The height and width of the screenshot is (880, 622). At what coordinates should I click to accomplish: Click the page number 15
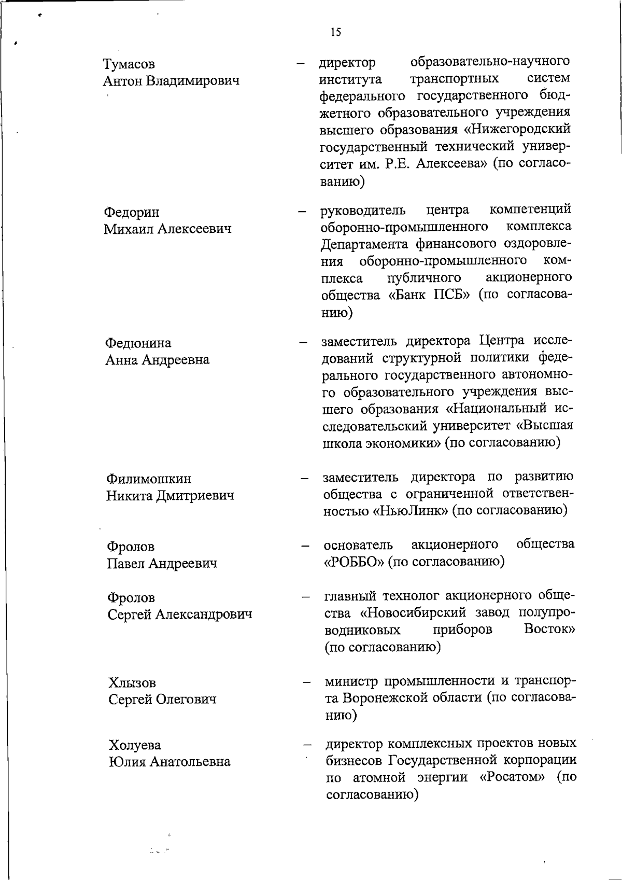pyautogui.click(x=335, y=33)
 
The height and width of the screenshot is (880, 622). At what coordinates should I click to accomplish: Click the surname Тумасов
pyautogui.click(x=129, y=64)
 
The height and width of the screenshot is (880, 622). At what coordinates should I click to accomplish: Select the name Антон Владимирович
pyautogui.click(x=171, y=81)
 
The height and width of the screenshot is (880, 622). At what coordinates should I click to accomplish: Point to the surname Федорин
pyautogui.click(x=132, y=212)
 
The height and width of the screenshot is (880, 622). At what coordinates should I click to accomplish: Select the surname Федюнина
pyautogui.click(x=138, y=343)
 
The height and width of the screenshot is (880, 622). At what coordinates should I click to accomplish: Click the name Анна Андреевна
pyautogui.click(x=158, y=359)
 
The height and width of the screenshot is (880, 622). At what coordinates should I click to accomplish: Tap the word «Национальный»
pyautogui.click(x=494, y=409)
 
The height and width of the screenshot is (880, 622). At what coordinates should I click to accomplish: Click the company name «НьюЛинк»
pyautogui.click(x=409, y=510)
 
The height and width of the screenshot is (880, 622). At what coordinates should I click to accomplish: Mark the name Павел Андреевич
pyautogui.click(x=162, y=563)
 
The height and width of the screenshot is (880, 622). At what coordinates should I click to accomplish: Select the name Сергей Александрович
pyautogui.click(x=180, y=614)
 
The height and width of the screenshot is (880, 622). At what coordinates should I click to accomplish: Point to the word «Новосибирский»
pyautogui.click(x=414, y=612)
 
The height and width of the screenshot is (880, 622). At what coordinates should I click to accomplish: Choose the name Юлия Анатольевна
pyautogui.click(x=169, y=762)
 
